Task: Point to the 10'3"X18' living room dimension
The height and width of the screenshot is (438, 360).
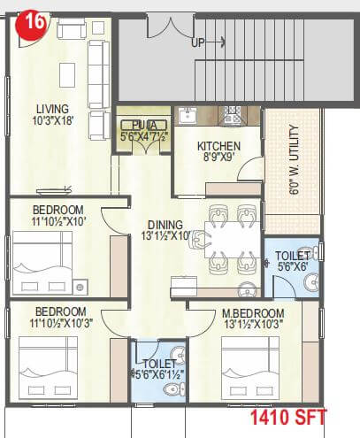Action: click(x=52, y=122)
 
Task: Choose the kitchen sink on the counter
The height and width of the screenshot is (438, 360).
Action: click(x=188, y=114)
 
